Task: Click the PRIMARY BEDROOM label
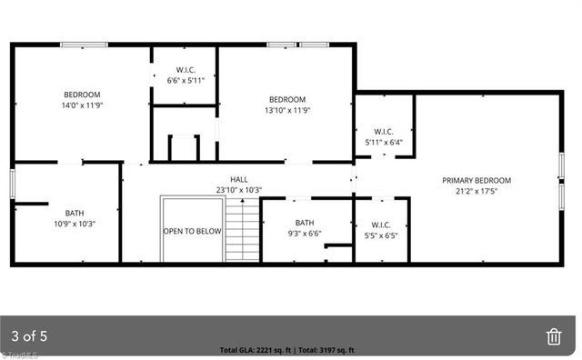pyautogui.click(x=477, y=180)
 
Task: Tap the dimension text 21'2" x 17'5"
pyautogui.click(x=477, y=191)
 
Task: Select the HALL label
pyautogui.click(x=238, y=180)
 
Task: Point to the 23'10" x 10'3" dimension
pyautogui.click(x=238, y=190)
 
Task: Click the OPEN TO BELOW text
pyautogui.click(x=192, y=231)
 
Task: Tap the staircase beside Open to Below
pyautogui.click(x=242, y=232)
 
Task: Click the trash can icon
pyautogui.click(x=554, y=336)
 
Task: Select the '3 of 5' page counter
pyautogui.click(x=29, y=336)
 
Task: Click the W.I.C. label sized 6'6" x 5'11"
pyautogui.click(x=186, y=69)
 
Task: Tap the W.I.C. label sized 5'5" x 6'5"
pyautogui.click(x=382, y=225)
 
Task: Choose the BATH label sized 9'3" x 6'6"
pyautogui.click(x=305, y=223)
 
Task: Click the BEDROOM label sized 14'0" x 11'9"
pyautogui.click(x=81, y=95)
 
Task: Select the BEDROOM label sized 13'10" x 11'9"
pyautogui.click(x=286, y=99)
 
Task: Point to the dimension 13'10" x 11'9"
pyautogui.click(x=286, y=110)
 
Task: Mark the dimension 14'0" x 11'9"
pyautogui.click(x=81, y=105)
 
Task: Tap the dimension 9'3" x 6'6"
pyautogui.click(x=305, y=234)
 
